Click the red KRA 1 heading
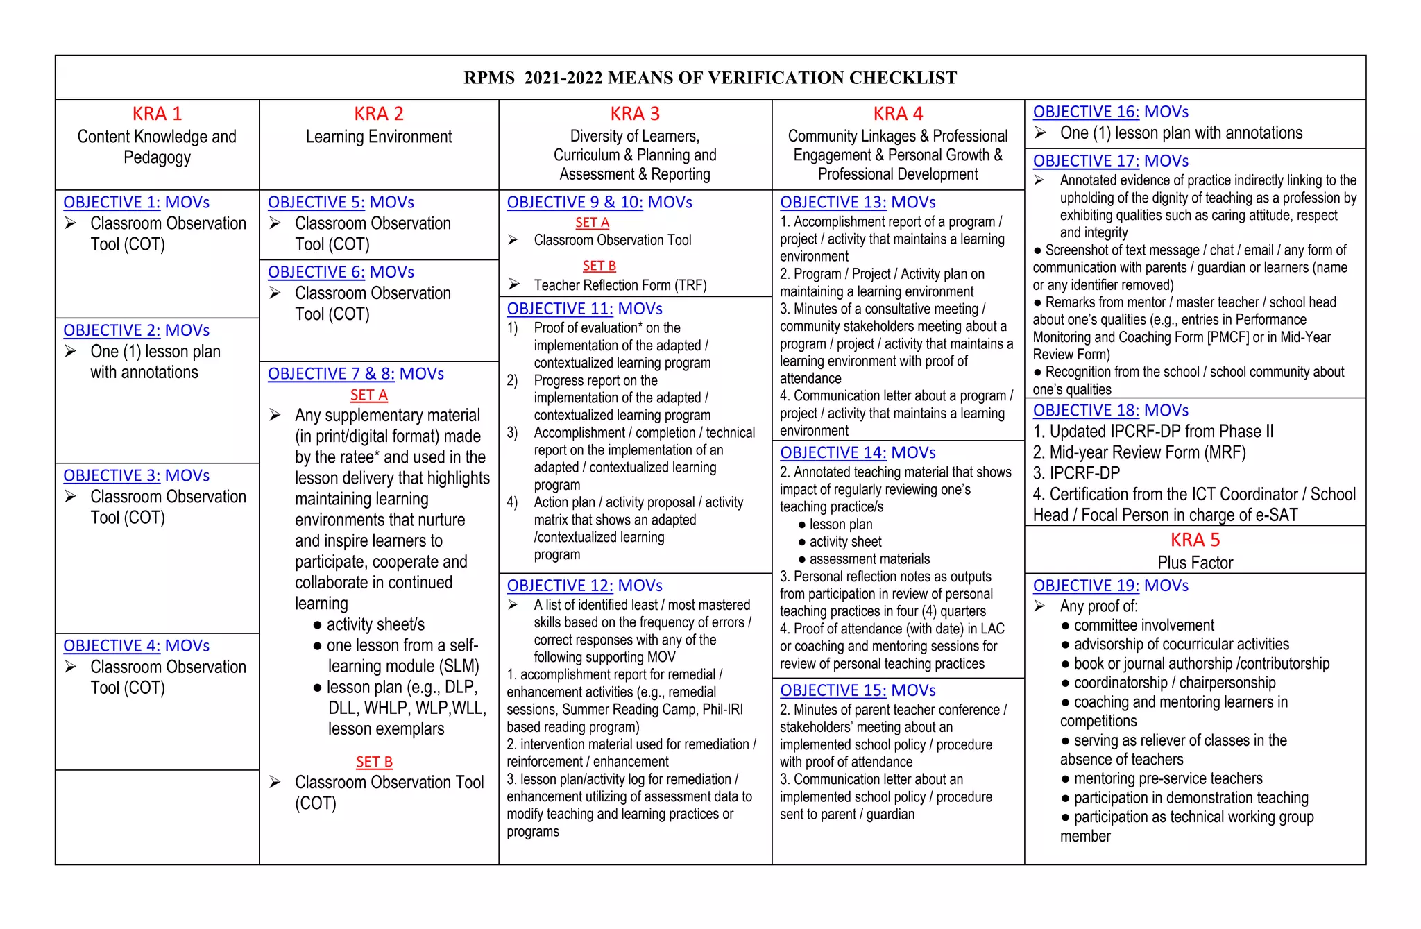pyautogui.click(x=157, y=114)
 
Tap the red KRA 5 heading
pyautogui.click(x=1195, y=540)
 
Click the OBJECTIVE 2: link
pyautogui.click(x=112, y=330)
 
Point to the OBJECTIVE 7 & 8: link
pyautogui.click(x=331, y=374)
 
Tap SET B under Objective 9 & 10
pyautogui.click(x=599, y=266)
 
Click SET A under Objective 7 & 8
pyautogui.click(x=368, y=395)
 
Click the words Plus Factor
pyautogui.click(x=1195, y=563)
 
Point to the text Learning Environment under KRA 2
pyautogui.click(x=379, y=137)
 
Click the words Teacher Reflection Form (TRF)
pyautogui.click(x=620, y=285)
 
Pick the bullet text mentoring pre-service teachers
pyautogui.click(x=1168, y=778)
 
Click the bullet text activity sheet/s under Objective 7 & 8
pyautogui.click(x=375, y=624)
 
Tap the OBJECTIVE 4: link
pyautogui.click(x=112, y=646)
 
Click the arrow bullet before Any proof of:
pyautogui.click(x=1039, y=606)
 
